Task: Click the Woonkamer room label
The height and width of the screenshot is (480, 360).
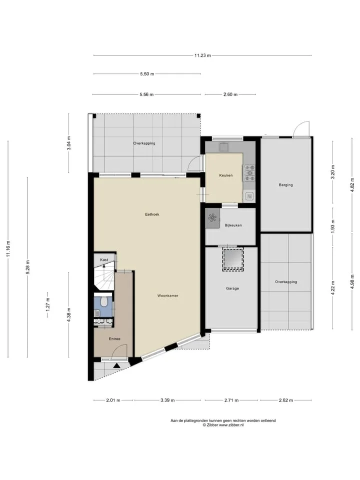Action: [x=167, y=295]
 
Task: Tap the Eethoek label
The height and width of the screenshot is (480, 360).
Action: [x=152, y=214]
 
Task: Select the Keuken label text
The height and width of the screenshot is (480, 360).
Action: [x=225, y=175]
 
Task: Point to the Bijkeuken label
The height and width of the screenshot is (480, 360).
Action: [x=233, y=225]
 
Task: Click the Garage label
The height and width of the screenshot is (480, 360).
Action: [x=232, y=288]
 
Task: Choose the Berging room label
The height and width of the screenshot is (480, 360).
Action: [x=285, y=185]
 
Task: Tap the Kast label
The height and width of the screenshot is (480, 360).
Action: [x=104, y=259]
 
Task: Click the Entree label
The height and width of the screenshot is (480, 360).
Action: [x=114, y=339]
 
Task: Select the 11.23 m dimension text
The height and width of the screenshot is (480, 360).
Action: [x=202, y=55]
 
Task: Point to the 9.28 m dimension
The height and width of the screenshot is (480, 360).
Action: [x=27, y=267]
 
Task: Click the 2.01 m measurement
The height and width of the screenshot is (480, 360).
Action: [x=113, y=400]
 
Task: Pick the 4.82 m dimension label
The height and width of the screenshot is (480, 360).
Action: [x=352, y=184]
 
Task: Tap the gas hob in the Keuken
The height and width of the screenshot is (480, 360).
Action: [x=249, y=173]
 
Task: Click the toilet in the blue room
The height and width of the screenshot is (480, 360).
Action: [x=104, y=301]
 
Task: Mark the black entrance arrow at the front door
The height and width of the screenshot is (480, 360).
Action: [x=116, y=365]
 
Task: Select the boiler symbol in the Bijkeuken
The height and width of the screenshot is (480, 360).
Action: [x=212, y=218]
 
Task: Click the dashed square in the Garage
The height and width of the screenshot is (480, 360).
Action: [x=233, y=259]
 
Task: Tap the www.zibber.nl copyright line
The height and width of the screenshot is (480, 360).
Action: [x=223, y=425]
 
